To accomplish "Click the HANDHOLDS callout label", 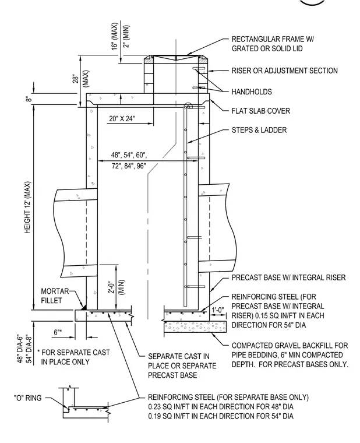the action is pyautogui.click(x=252, y=92).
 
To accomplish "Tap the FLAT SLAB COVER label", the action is pyautogui.click(x=260, y=111).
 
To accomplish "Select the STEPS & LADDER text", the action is pyautogui.click(x=259, y=130).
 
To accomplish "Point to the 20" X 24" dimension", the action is pyautogui.click(x=122, y=118).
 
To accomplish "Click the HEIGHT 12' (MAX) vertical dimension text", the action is pyautogui.click(x=27, y=207).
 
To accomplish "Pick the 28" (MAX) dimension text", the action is pyautogui.click(x=81, y=79).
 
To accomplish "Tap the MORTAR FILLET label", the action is pyautogui.click(x=55, y=296).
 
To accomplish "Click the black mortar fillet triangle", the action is pyautogui.click(x=84, y=307).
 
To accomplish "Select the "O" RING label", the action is pyautogui.click(x=28, y=398).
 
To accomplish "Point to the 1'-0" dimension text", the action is pyautogui.click(x=218, y=310).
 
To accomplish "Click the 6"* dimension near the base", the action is pyautogui.click(x=58, y=332).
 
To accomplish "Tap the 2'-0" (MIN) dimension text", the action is pyautogui.click(x=117, y=287).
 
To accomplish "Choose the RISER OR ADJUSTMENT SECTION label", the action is pyautogui.click(x=285, y=71).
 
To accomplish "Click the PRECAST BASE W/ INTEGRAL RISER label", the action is pyautogui.click(x=288, y=277).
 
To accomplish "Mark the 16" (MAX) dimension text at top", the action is pyautogui.click(x=114, y=36).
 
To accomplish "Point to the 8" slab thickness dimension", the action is pyautogui.click(x=28, y=99).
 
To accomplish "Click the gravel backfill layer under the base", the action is pyautogui.click(x=195, y=326).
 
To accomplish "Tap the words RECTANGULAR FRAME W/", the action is pyautogui.click(x=273, y=39).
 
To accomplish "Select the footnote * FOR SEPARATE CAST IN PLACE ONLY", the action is pyautogui.click(x=73, y=357).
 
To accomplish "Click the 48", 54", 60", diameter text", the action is pyautogui.click(x=129, y=155).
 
